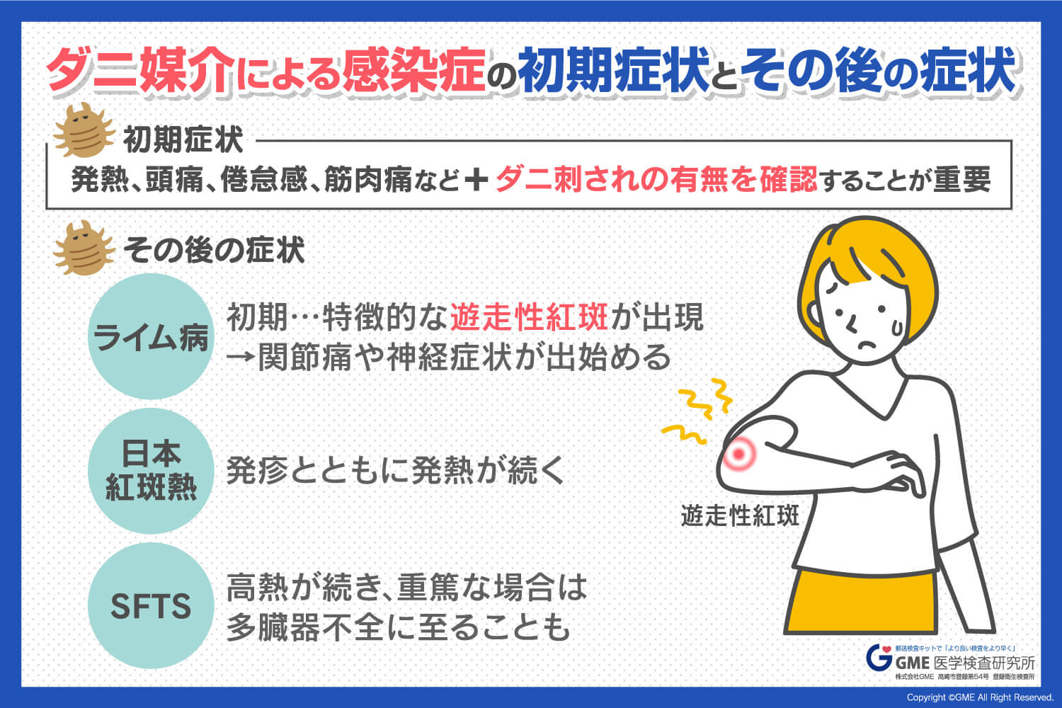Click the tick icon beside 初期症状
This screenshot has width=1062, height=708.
tap(84, 130)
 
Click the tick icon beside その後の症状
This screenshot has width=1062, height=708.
tap(84, 248)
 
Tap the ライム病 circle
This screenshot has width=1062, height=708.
tap(151, 336)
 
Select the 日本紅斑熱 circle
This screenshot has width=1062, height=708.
tap(151, 471)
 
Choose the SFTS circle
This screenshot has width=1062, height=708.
tap(151, 605)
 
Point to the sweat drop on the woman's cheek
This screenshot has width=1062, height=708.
tap(898, 328)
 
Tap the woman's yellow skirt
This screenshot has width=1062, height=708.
tap(860, 603)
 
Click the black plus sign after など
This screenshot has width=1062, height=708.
tap(476, 181)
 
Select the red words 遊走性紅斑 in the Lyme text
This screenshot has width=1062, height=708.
tap(529, 317)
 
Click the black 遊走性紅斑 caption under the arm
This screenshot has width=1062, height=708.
tap(740, 515)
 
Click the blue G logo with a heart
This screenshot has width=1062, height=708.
tap(879, 658)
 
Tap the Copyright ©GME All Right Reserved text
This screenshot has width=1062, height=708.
tap(980, 697)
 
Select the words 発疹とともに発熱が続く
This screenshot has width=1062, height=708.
tap(396, 471)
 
